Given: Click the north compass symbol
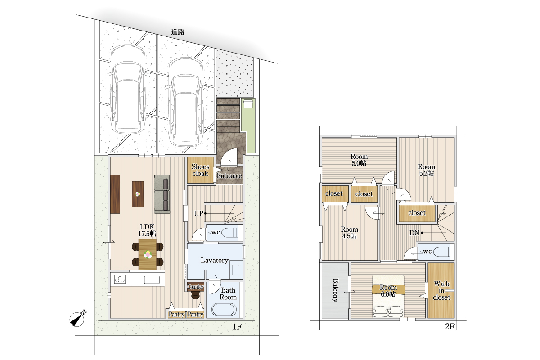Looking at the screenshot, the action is click(77, 318).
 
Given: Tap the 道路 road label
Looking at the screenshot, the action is click(178, 32).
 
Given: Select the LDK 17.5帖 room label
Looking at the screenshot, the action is click(147, 230).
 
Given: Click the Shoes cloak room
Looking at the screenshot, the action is click(201, 170).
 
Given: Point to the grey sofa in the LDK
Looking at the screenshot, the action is click(162, 194).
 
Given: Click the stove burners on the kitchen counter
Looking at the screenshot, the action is click(120, 279).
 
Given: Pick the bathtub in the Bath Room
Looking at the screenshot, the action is click(224, 309).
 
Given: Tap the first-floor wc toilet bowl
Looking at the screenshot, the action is click(230, 233).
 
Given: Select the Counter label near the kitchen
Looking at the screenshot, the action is click(195, 287).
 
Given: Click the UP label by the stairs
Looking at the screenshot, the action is click(198, 213).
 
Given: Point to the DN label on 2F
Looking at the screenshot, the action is click(414, 233).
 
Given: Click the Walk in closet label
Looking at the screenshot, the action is click(441, 291).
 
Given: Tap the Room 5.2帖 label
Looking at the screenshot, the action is click(427, 170).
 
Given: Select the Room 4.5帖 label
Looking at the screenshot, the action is click(350, 233).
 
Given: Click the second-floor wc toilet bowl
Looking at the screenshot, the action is click(441, 252).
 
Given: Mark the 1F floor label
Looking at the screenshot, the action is click(237, 327).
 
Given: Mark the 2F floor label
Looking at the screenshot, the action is click(450, 327).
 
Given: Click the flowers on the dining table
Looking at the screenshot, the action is click(148, 254).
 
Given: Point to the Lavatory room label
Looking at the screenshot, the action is click(215, 260).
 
